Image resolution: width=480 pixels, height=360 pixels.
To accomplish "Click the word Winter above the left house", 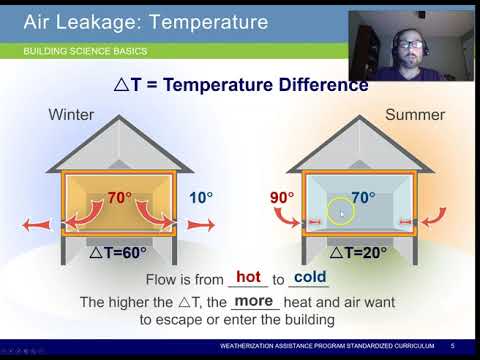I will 72,115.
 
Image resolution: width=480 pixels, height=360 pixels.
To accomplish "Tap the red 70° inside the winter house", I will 120,198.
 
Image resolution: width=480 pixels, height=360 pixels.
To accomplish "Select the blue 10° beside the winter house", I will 202,198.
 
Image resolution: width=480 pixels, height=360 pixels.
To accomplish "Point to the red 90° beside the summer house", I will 282,198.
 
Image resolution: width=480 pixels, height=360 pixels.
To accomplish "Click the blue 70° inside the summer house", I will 361,198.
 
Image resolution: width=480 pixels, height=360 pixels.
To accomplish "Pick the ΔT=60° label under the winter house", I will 118,252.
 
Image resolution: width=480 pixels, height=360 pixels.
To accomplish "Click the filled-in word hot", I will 248,277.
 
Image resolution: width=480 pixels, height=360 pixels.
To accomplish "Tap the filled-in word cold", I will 310,277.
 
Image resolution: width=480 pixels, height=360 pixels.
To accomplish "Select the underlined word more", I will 255,300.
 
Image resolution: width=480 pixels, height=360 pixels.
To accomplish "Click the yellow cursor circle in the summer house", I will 341,212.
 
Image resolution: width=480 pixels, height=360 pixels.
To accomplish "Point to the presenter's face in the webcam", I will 408,45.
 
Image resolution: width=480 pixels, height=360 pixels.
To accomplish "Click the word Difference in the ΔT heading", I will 317,84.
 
